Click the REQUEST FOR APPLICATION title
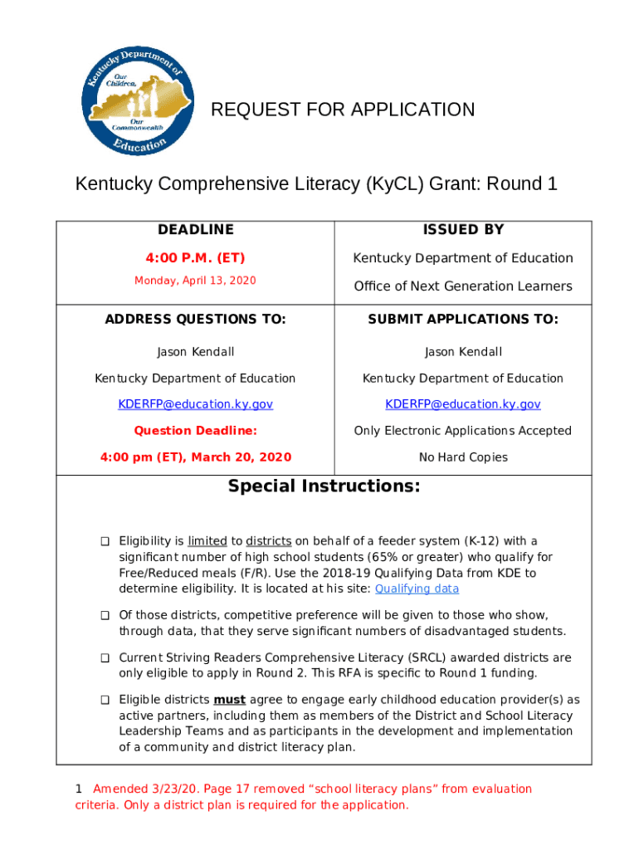[343, 110]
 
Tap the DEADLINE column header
[196, 230]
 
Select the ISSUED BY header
[463, 230]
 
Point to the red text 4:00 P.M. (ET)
[196, 258]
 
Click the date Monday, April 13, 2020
[196, 281]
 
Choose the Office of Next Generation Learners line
[463, 286]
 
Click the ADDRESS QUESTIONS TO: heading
[196, 320]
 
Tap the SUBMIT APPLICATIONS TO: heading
[463, 320]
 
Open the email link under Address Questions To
[196, 404]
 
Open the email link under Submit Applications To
[463, 404]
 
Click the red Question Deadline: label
[196, 431]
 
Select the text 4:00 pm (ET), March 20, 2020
[196, 457]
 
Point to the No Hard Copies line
[463, 457]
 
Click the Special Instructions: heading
[324, 486]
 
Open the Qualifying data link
[417, 589]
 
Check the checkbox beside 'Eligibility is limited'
[105, 542]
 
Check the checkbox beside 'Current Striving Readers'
[105, 658]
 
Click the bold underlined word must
[229, 700]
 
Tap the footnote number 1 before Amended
[79, 789]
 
